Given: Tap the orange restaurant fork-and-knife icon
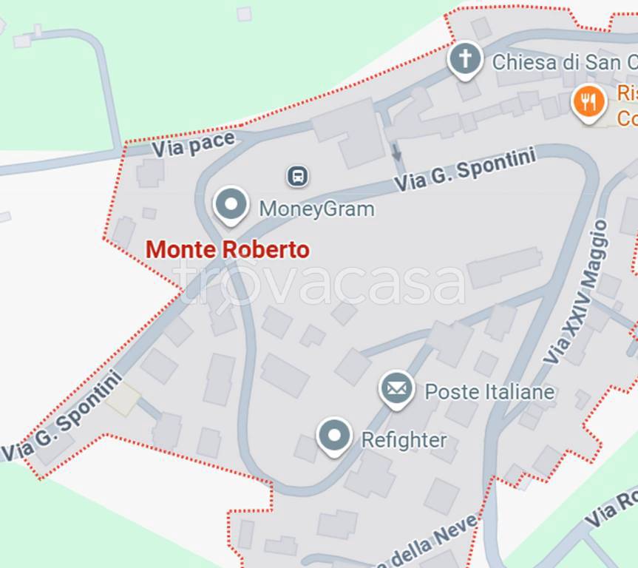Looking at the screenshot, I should pyautogui.click(x=589, y=101).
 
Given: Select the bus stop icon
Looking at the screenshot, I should pyautogui.click(x=297, y=176).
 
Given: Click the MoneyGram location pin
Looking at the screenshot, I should pyautogui.click(x=231, y=203).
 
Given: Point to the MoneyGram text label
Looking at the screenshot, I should pyautogui.click(x=316, y=209).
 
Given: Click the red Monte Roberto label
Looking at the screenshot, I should pyautogui.click(x=227, y=250).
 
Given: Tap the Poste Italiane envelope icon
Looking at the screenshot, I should pyautogui.click(x=397, y=388).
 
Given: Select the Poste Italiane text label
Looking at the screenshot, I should pyautogui.click(x=489, y=391).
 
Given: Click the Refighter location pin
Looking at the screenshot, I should pyautogui.click(x=334, y=435).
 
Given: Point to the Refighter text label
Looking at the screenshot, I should pyautogui.click(x=404, y=441).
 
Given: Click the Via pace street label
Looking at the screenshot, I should pyautogui.click(x=194, y=143).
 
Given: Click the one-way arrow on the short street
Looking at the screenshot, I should pyautogui.click(x=397, y=153).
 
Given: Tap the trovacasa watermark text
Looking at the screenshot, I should pyautogui.click(x=319, y=284).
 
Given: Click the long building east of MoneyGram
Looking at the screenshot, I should pyautogui.click(x=505, y=267).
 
